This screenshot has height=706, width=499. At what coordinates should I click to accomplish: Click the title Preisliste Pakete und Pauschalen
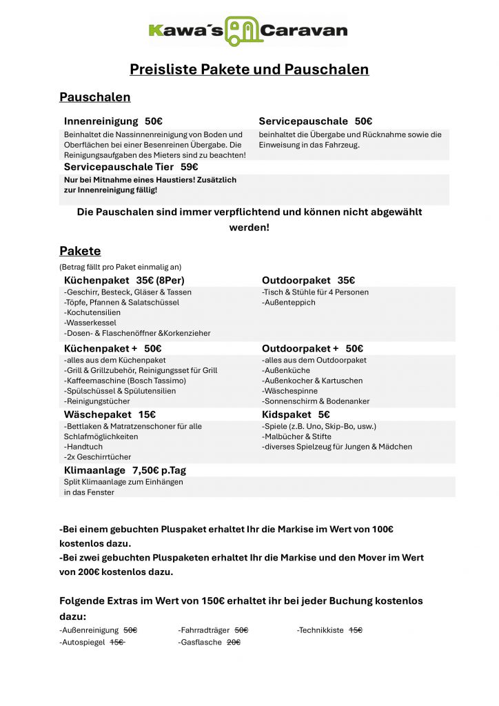[x=249, y=69]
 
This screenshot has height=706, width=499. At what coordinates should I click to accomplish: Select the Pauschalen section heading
[x=94, y=97]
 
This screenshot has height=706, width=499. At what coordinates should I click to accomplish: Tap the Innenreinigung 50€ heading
[x=113, y=121]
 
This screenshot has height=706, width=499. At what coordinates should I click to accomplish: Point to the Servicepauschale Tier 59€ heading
[x=131, y=167]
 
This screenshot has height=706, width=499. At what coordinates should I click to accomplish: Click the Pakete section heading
[x=80, y=251]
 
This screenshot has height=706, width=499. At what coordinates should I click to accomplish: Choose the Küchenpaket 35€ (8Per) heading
[x=124, y=280]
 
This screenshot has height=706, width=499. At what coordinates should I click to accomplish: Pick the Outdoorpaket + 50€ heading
[x=312, y=348]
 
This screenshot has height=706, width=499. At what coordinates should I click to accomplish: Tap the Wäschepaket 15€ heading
[x=110, y=414]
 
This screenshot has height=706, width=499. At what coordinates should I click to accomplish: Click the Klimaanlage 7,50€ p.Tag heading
[x=125, y=470]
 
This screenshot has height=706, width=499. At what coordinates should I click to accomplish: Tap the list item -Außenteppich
[x=289, y=302]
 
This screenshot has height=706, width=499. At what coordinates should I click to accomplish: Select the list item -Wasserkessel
[x=90, y=323]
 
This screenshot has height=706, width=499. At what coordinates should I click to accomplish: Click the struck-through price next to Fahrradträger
[x=241, y=630]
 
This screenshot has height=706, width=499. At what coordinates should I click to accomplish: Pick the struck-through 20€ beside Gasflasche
[x=234, y=642]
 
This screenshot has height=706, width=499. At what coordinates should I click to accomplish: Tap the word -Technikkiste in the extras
[x=320, y=630]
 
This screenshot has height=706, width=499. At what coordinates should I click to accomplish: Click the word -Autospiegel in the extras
[x=82, y=642]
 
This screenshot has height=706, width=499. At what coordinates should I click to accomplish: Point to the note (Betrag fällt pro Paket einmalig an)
[x=121, y=266]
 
